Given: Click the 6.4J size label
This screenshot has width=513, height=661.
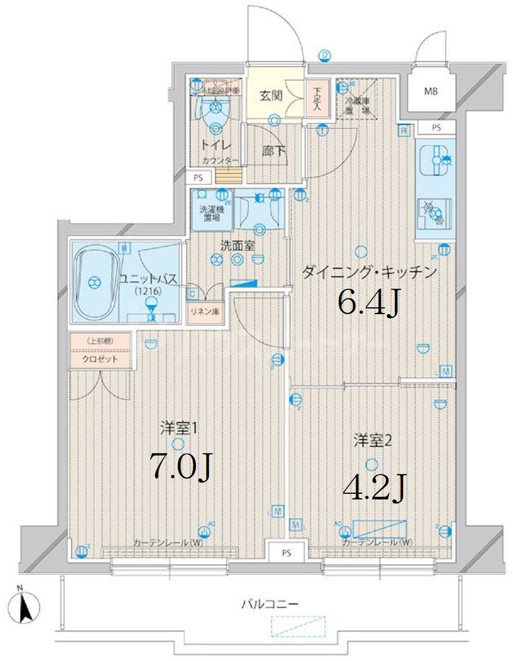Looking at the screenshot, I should pyautogui.click(x=369, y=302).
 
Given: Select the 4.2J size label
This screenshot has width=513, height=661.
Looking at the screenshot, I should pyautogui.click(x=374, y=489).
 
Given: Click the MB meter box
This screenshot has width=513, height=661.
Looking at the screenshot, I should pyautogui.click(x=431, y=91).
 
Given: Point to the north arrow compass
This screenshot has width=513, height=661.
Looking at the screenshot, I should pyautogui.click(x=25, y=607).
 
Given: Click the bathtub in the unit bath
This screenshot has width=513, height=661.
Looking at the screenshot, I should pyautogui.click(x=96, y=282).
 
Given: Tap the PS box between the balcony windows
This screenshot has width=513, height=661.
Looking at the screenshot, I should pyautogui.click(x=287, y=553).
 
